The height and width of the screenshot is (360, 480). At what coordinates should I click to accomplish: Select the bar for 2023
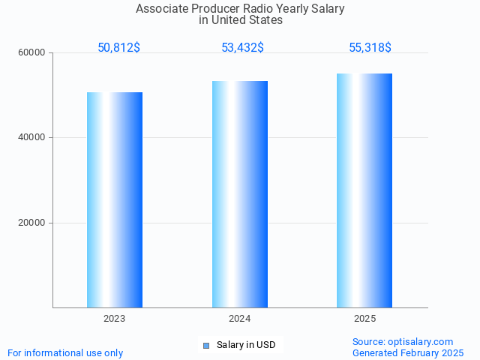click(115, 199)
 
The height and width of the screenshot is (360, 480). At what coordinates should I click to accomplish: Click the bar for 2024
click(240, 193)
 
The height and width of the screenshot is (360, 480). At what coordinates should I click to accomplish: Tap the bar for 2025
click(364, 190)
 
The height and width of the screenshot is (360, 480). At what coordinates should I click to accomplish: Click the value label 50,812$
click(118, 48)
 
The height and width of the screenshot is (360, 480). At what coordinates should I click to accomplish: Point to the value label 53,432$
click(242, 48)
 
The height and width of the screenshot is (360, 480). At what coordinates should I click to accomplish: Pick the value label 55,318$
click(370, 48)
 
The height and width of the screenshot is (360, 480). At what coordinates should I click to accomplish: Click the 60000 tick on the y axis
click(32, 53)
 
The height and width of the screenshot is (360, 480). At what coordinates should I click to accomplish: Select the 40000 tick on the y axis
click(32, 138)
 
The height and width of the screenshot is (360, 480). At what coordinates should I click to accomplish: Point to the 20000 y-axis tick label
click(32, 223)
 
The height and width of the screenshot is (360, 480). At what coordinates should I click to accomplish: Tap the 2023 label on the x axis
click(115, 319)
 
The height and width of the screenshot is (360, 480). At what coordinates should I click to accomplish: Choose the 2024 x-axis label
click(240, 319)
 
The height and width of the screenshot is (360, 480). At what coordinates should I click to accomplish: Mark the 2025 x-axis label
click(365, 319)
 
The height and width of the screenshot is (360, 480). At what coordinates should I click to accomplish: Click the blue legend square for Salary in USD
click(206, 346)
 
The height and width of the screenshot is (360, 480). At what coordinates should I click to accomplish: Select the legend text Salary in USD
click(246, 345)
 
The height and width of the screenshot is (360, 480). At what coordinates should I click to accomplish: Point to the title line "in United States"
click(240, 20)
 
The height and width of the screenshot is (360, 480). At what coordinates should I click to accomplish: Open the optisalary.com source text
click(403, 342)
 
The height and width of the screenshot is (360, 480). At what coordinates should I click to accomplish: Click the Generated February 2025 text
click(408, 353)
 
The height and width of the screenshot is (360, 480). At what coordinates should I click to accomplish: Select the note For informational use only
click(65, 353)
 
